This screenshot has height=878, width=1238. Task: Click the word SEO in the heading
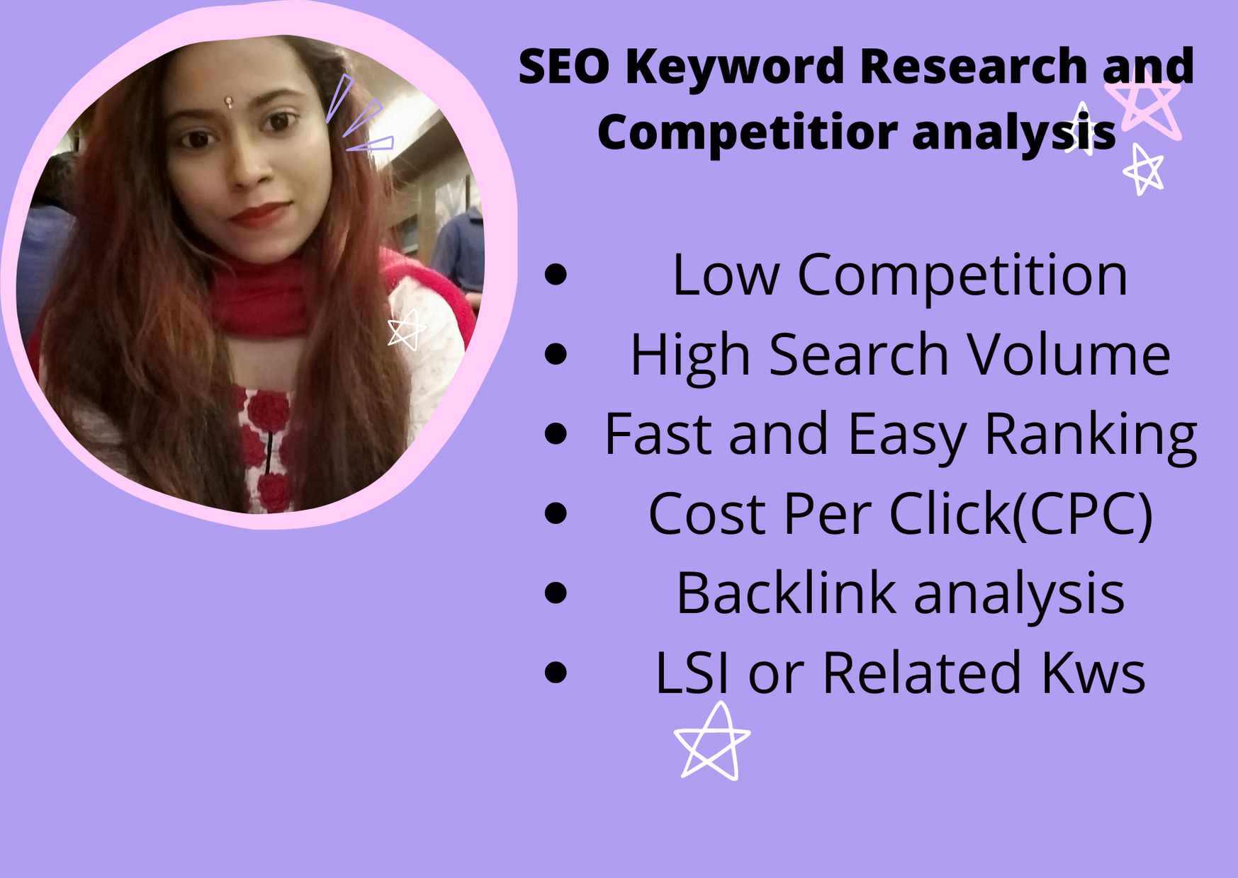(x=564, y=67)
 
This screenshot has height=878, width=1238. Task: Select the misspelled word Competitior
(x=748, y=132)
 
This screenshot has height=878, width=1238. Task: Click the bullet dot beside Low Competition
(x=556, y=275)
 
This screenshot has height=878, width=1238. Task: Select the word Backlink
(x=786, y=593)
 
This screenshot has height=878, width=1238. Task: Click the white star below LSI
(x=712, y=743)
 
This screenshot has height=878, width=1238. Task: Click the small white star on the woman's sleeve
(x=406, y=330)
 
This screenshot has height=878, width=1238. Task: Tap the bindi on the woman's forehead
(x=228, y=102)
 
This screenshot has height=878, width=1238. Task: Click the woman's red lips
(x=260, y=213)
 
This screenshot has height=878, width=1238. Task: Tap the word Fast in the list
(x=657, y=434)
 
